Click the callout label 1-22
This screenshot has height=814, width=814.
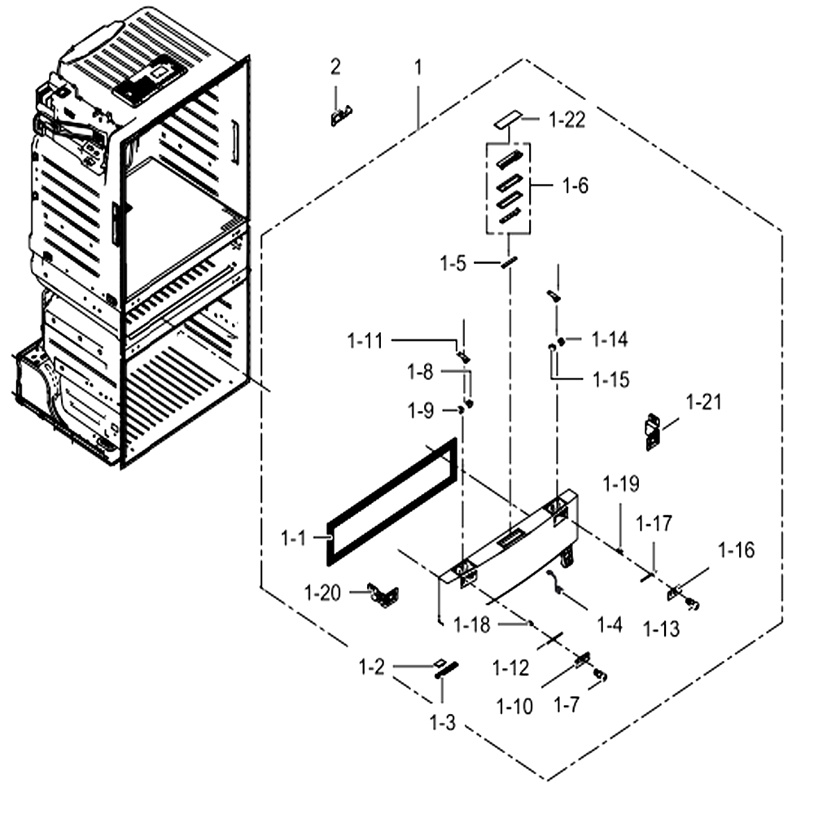(x=567, y=120)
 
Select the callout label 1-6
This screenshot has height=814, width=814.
(x=575, y=186)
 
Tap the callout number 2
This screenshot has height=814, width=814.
(x=336, y=67)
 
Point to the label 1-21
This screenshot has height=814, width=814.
(x=703, y=402)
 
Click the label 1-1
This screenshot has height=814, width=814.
(x=293, y=538)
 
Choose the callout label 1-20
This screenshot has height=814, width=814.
(x=322, y=593)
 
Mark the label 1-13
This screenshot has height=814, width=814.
(x=661, y=628)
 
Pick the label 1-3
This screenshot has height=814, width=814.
(x=442, y=722)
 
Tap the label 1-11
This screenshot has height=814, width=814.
(x=365, y=341)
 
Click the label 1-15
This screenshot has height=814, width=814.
(x=611, y=379)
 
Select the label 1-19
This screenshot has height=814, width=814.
(x=621, y=484)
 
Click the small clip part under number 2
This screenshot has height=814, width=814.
(x=341, y=116)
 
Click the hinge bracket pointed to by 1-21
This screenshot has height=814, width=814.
(x=653, y=432)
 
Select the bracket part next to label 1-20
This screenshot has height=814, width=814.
(x=383, y=595)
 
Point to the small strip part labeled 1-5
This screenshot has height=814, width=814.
(x=510, y=261)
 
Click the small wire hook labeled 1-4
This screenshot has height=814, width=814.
(x=555, y=581)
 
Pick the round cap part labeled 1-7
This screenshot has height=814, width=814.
(x=601, y=675)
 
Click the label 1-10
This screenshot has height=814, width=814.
(x=514, y=707)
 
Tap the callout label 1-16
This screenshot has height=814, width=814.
(x=736, y=549)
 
